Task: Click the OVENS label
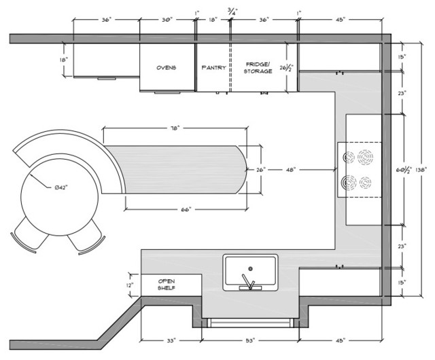tap(167, 68)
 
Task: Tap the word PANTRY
tap(213, 68)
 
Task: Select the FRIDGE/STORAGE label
tap(258, 67)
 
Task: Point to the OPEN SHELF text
tap(167, 284)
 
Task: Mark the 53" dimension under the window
tap(250, 340)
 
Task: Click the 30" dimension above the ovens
tap(167, 20)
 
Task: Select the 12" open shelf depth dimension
tap(130, 285)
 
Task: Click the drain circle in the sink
tap(250, 268)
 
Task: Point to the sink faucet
tap(250, 284)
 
